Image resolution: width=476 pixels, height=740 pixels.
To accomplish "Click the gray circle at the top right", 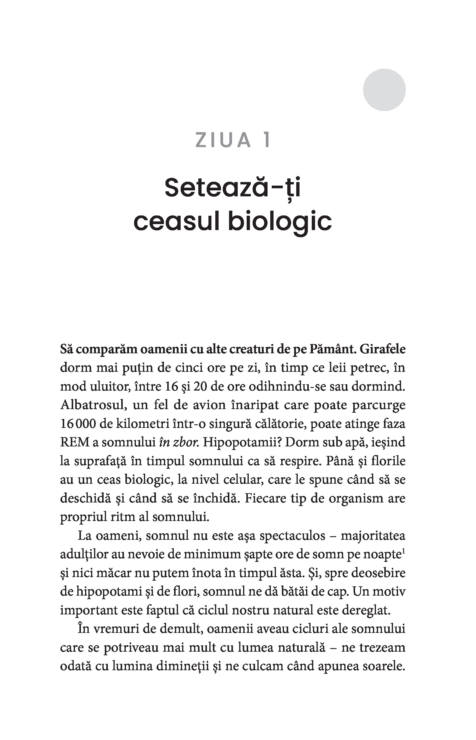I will point(384,90).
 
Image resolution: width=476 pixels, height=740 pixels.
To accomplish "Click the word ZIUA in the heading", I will point(223,140).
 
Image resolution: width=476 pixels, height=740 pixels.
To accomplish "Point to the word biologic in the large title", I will point(280,222).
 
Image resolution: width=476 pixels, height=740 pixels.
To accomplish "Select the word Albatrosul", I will point(94,405).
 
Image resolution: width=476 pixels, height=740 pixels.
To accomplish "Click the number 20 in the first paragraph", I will point(200,387).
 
